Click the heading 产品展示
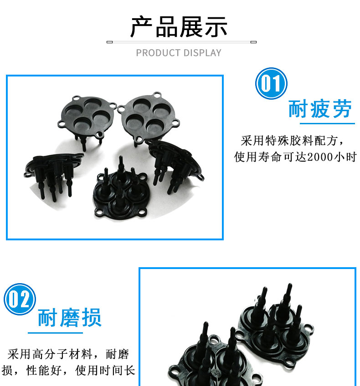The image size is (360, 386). click(x=179, y=27)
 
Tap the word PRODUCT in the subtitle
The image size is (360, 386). click(x=158, y=53)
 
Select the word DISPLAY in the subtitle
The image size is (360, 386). click(x=202, y=53)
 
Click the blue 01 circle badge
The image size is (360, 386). click(x=271, y=83)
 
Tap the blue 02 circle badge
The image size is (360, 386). click(x=20, y=299)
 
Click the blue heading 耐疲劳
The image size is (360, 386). click(x=320, y=108)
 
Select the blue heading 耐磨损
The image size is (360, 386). click(x=70, y=318)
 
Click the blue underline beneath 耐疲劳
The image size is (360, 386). click(x=327, y=123)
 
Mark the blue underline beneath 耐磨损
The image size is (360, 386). click(x=55, y=333)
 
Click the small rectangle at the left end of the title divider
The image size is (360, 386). click(x=110, y=42)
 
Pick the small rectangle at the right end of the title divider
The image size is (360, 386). click(x=253, y=42)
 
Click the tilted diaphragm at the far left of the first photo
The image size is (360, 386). click(x=54, y=173)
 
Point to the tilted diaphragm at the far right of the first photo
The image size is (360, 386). click(x=175, y=164)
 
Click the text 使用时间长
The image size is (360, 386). click(x=105, y=371)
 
